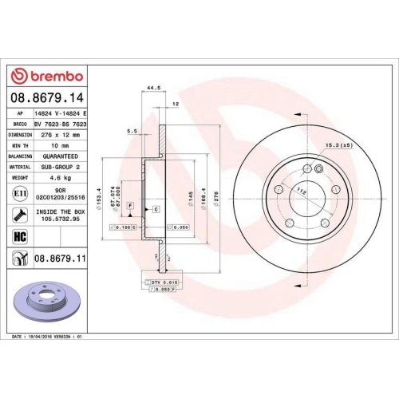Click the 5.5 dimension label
click(132, 131)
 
